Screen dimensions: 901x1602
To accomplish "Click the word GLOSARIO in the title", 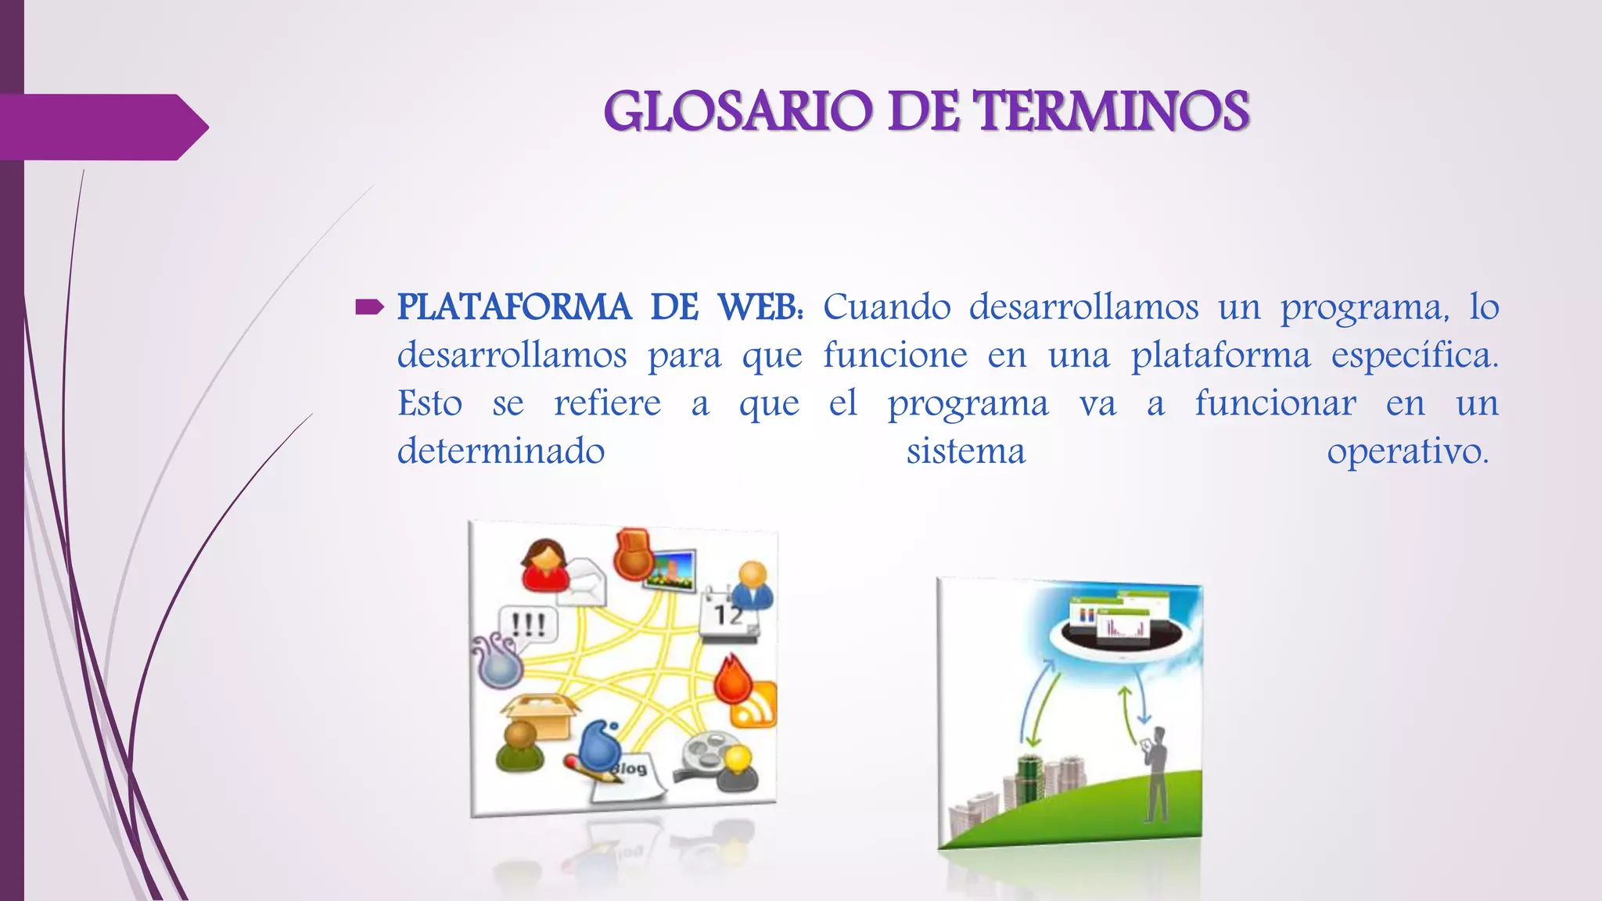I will point(738,111).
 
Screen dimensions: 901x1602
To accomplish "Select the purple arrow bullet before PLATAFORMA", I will point(368,307).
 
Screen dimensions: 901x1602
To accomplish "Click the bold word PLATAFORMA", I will point(514,307).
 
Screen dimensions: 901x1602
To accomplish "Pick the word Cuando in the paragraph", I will point(886,307).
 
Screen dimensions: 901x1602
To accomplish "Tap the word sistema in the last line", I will point(965,452).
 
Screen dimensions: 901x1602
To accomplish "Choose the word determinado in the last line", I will point(501,452).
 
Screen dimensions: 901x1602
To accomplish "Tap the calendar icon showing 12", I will point(730,615).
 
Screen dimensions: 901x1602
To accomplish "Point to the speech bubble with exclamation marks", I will point(530,625).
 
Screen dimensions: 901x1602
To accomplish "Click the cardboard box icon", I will point(540,716).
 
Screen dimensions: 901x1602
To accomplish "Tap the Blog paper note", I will point(629,777).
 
